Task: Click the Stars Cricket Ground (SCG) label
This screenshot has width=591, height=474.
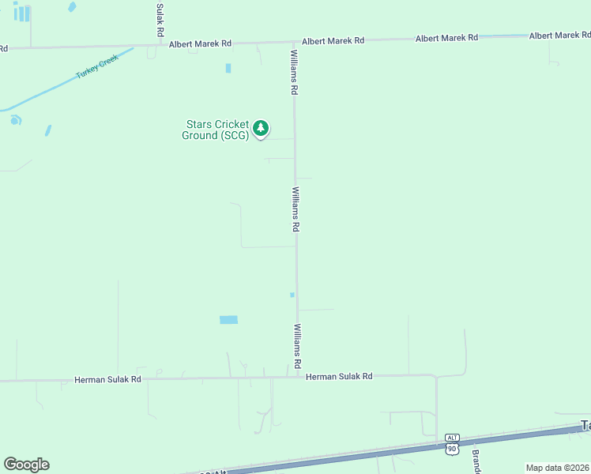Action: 217,130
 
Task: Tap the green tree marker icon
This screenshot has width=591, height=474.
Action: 262,128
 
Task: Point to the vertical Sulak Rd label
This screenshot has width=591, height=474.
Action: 160,20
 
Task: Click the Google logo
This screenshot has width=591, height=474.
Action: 26,465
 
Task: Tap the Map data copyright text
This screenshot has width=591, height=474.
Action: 558,468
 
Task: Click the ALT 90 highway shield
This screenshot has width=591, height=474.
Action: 452,443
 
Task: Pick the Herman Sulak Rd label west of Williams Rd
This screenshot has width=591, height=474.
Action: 107,379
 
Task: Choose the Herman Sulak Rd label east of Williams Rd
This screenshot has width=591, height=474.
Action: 339,377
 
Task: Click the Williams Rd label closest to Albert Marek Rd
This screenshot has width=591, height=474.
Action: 294,73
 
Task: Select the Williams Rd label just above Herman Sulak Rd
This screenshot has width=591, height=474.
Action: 298,347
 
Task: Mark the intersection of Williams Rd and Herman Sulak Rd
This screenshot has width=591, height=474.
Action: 298,376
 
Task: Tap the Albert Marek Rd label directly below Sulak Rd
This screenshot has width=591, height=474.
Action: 200,44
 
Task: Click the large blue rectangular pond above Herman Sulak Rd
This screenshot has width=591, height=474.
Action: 228,320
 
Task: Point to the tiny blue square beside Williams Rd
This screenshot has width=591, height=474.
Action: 292,295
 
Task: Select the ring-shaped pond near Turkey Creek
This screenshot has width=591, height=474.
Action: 15,120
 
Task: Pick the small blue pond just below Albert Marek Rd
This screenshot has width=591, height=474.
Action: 228,68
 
